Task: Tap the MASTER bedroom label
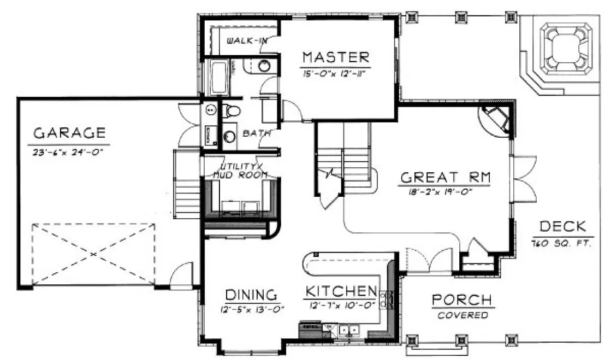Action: click(x=336, y=57)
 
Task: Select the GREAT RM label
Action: click(x=446, y=177)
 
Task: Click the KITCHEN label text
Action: click(x=341, y=290)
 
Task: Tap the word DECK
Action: click(x=562, y=226)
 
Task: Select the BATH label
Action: click(x=253, y=133)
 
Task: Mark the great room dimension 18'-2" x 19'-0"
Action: click(x=446, y=192)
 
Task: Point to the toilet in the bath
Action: click(x=232, y=112)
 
